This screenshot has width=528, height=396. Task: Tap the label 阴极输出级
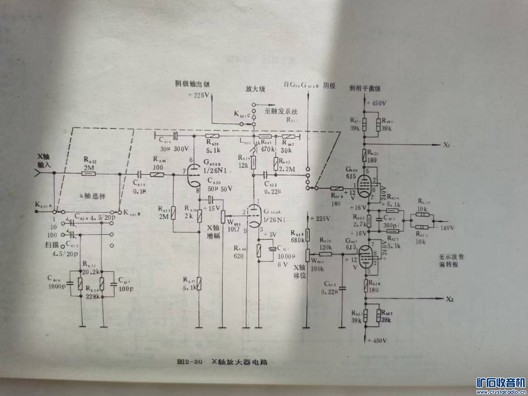click(x=192, y=84)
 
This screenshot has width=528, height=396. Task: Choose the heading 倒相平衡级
click(x=365, y=88)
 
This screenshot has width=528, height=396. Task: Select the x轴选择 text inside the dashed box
click(x=93, y=196)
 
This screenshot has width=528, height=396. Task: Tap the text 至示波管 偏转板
click(x=452, y=261)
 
